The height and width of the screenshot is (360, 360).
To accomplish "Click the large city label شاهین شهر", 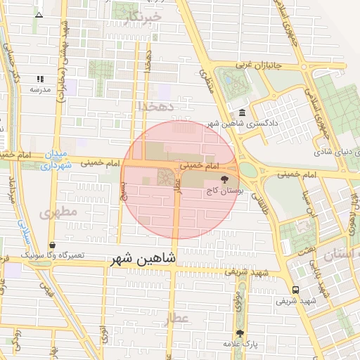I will [x=145, y=259].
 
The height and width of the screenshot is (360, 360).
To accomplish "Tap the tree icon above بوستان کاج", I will [x=225, y=179].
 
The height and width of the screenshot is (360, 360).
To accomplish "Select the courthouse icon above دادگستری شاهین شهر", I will [x=242, y=113].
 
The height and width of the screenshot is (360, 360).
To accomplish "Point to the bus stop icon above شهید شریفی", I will [x=295, y=290].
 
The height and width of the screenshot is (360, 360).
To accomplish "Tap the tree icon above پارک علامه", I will [x=240, y=333].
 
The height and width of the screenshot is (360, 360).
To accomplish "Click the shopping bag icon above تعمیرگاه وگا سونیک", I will [x=53, y=245].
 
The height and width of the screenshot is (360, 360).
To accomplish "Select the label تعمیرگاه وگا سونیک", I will [x=53, y=255].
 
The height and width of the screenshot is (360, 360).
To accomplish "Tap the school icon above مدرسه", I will [x=40, y=79].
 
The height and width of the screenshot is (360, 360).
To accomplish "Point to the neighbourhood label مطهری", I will [x=56, y=212].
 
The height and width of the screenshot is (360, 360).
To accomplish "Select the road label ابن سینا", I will [x=305, y=201].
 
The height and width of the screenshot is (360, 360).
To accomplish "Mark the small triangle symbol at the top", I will [x=39, y=13].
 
